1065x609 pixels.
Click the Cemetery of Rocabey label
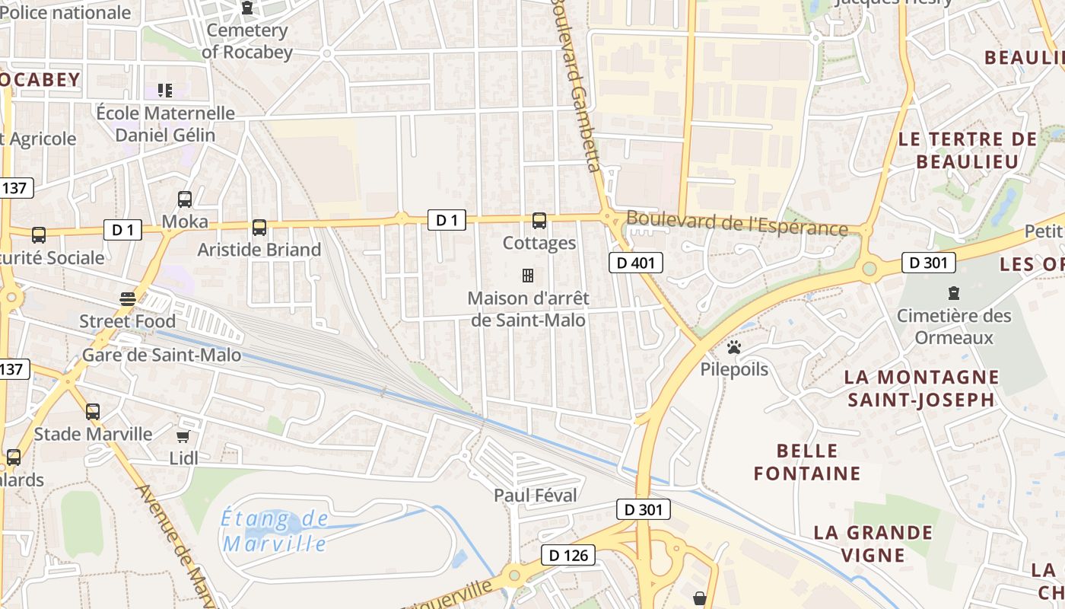tap(246, 41)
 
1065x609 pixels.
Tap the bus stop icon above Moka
tap(185, 199)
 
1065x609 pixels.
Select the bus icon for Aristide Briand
tap(259, 227)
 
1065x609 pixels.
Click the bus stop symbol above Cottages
tap(539, 221)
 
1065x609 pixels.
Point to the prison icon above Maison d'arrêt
tap(527, 275)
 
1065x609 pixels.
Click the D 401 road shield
tap(636, 263)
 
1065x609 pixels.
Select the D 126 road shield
tap(567, 555)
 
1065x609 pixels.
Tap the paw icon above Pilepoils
tap(734, 347)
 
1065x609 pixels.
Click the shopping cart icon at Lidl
tap(183, 436)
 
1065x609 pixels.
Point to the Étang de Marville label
tap(275, 531)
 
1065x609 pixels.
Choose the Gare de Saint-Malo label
tap(161, 355)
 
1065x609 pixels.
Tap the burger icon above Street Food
tap(127, 298)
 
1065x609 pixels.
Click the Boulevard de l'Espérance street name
tap(736, 224)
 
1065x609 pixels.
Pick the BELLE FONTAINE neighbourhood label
tap(807, 462)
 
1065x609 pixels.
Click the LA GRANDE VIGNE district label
tap(873, 543)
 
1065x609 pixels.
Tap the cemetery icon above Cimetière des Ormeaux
tap(953, 292)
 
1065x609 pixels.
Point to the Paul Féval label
tap(536, 495)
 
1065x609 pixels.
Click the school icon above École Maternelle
tap(165, 91)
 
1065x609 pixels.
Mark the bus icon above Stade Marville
tap(93, 412)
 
